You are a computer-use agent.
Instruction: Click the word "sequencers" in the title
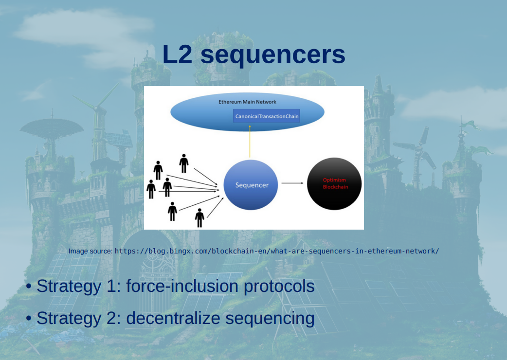click(273, 55)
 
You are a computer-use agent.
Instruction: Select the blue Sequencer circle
click(252, 185)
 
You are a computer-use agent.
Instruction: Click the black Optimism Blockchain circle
click(335, 183)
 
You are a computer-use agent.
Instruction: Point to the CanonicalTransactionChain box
click(267, 116)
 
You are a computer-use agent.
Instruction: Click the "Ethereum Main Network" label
click(247, 102)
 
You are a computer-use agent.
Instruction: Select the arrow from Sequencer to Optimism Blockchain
click(292, 183)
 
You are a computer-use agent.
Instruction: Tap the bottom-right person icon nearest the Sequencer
click(199, 217)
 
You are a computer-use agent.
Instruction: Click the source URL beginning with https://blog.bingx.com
click(276, 251)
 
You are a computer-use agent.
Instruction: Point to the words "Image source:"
click(91, 251)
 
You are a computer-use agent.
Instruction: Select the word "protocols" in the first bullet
click(279, 286)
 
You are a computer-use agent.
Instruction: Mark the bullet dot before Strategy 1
click(30, 287)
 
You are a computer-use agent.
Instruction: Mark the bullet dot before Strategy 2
click(30, 319)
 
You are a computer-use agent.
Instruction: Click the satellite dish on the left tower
click(52, 127)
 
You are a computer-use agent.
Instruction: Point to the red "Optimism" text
click(335, 180)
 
